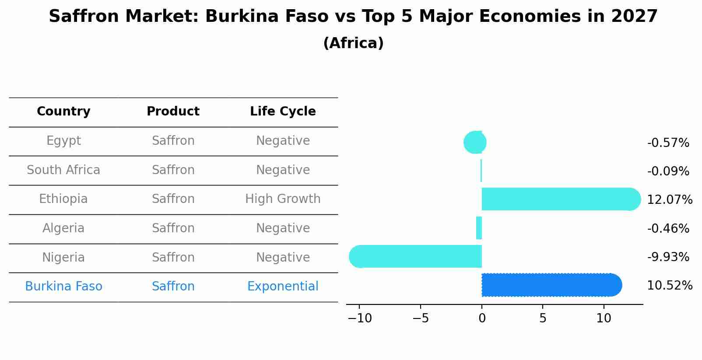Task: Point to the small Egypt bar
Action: tap(475, 142)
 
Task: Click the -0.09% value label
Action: tap(668, 171)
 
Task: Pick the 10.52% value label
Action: tap(669, 286)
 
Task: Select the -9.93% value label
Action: tap(668, 257)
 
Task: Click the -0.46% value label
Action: tap(668, 228)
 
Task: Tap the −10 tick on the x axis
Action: tap(360, 318)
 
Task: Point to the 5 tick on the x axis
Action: tap(543, 318)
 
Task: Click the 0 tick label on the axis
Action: tap(482, 318)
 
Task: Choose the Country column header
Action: tap(63, 112)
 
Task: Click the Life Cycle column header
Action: tap(283, 112)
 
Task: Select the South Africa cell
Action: tap(63, 170)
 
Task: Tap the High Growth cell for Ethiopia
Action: tap(283, 199)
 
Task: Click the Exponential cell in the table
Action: tap(283, 287)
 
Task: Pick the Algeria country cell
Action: tap(63, 228)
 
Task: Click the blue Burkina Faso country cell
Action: tap(63, 287)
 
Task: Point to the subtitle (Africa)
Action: tap(353, 43)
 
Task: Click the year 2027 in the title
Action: tap(634, 17)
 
